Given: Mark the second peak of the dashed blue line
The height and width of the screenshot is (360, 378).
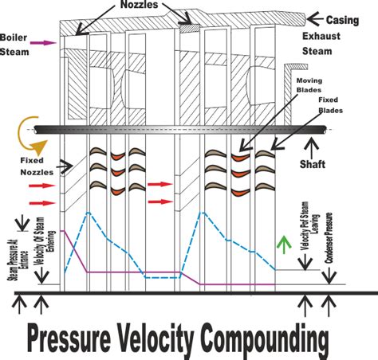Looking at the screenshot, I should pyautogui.click(x=209, y=213).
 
